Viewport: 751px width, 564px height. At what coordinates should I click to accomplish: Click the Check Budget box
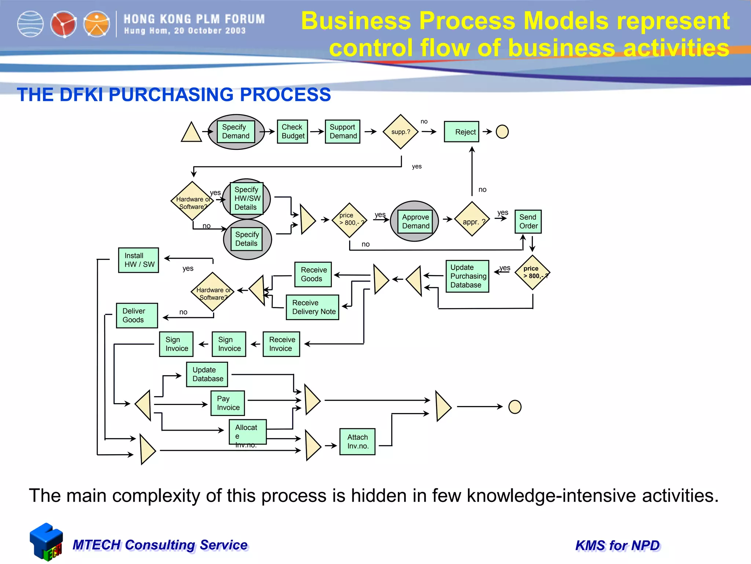click(292, 131)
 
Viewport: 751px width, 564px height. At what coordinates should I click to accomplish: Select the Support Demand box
click(342, 131)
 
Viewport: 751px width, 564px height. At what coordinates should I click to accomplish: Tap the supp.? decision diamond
click(400, 132)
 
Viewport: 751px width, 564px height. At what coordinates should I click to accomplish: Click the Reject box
click(461, 131)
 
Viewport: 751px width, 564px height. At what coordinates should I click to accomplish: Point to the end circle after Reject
click(502, 131)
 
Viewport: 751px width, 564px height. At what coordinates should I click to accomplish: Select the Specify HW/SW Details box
click(246, 198)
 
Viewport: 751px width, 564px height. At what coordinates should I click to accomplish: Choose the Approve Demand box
click(415, 221)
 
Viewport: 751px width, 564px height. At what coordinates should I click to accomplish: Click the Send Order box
click(528, 221)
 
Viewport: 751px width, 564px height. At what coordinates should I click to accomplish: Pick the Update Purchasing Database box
click(467, 276)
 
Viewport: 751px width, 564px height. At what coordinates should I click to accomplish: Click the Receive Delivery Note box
click(312, 307)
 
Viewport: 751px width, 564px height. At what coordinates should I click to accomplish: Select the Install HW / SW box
click(139, 260)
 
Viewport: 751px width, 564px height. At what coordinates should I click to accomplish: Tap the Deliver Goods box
click(137, 315)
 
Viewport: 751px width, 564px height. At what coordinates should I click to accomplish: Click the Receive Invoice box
click(281, 344)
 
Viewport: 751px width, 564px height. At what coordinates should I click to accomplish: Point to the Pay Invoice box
click(228, 403)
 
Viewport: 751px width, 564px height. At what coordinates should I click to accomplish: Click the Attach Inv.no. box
click(357, 442)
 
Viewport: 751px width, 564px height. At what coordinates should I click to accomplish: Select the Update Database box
click(207, 374)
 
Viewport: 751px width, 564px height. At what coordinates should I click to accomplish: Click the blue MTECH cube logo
click(46, 542)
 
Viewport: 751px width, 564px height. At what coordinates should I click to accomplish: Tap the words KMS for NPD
click(618, 545)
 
